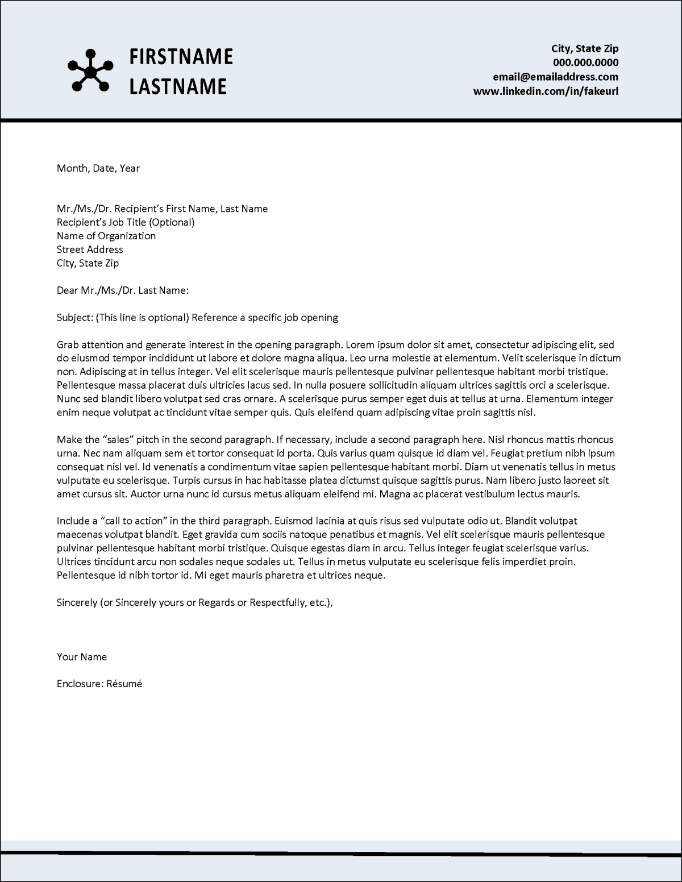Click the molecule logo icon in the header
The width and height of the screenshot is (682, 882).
[x=88, y=70]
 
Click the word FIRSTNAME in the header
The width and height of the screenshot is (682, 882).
[x=181, y=56]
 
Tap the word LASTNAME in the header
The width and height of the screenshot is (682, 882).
[x=178, y=86]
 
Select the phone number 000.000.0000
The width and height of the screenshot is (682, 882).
[x=585, y=63]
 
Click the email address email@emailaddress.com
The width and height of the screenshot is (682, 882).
[x=555, y=77]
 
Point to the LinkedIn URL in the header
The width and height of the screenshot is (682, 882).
[x=546, y=91]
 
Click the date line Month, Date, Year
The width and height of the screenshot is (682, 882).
[x=98, y=168]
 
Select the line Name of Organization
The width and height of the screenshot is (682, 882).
[x=106, y=236]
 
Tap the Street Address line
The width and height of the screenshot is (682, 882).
[x=90, y=249]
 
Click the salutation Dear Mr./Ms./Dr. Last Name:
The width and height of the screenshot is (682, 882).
[x=122, y=290]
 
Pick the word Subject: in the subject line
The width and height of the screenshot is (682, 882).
[x=75, y=318]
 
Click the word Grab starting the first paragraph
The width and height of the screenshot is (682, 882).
[x=68, y=344]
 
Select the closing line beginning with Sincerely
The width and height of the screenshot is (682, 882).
[x=194, y=602]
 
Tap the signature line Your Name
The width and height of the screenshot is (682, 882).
[x=82, y=657]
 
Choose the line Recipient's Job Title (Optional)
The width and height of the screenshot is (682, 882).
[x=126, y=222]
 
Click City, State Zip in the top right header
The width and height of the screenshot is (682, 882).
[x=585, y=48]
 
